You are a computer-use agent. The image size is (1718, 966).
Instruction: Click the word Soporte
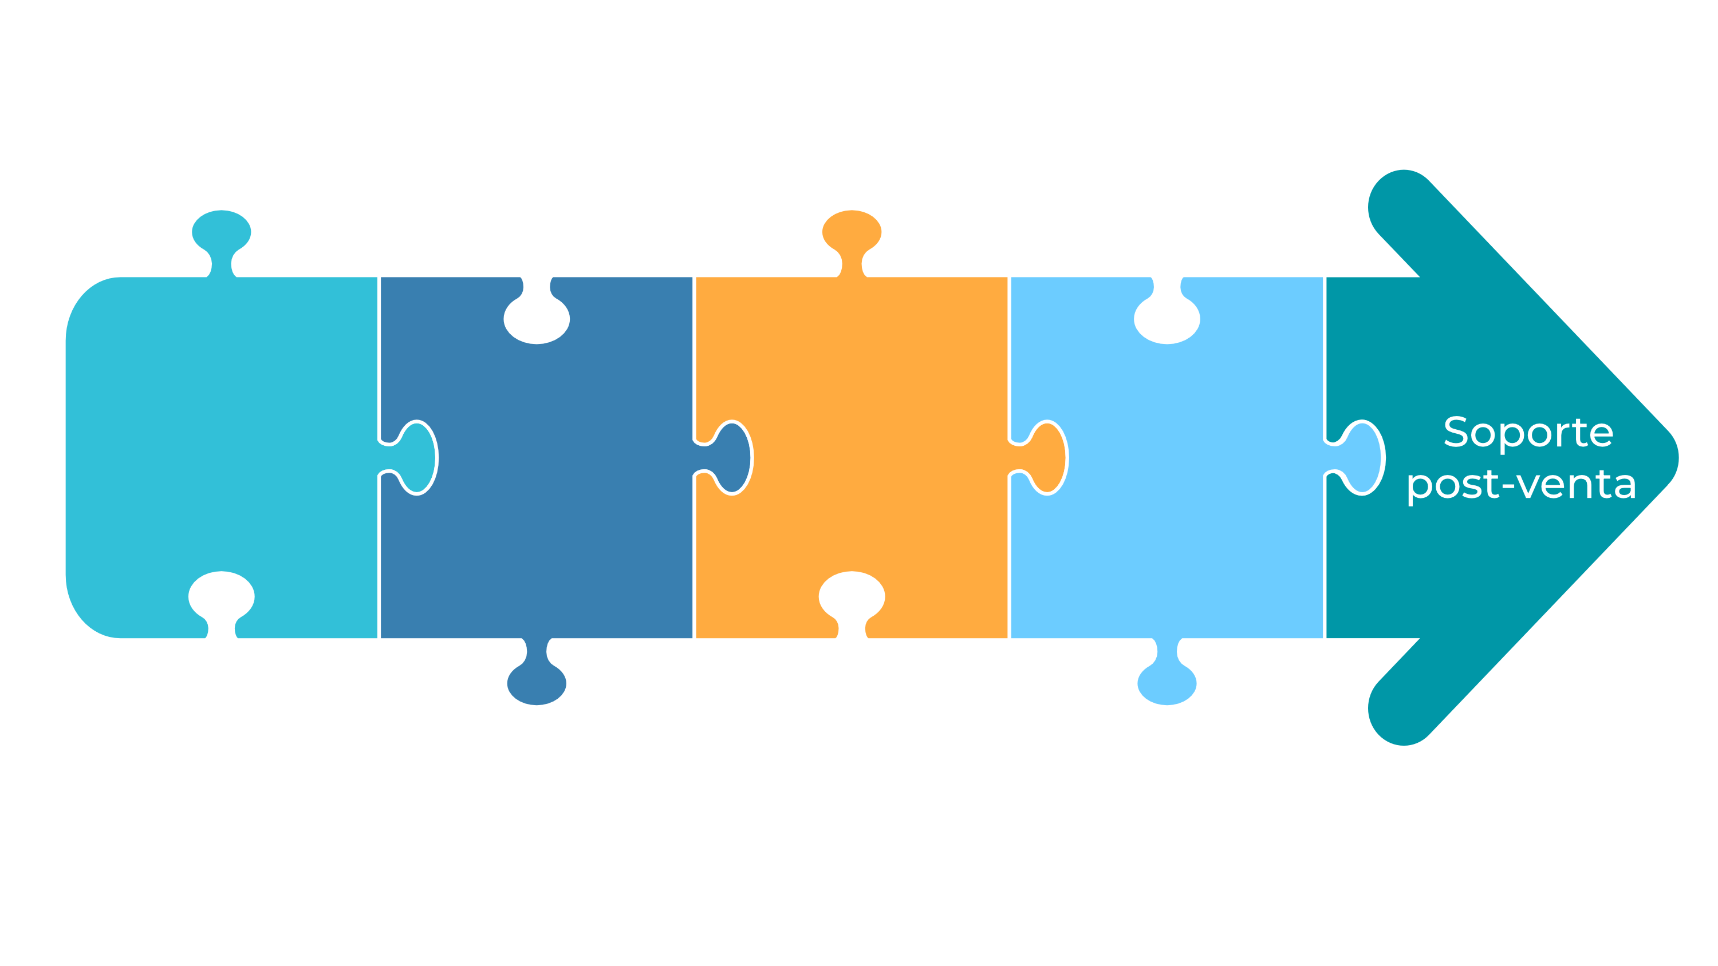point(1528,433)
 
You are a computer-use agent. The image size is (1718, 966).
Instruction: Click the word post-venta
point(1521,485)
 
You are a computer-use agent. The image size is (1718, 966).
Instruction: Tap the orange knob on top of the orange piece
point(852,241)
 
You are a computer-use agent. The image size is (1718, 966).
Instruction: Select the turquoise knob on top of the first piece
point(222,241)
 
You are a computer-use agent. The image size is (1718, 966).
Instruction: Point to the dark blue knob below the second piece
point(537,674)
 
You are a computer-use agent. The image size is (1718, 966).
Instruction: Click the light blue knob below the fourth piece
point(1167,674)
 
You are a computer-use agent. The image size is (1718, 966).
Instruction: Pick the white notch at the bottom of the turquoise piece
point(222,602)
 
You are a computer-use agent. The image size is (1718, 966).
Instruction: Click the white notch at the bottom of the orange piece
point(852,602)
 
